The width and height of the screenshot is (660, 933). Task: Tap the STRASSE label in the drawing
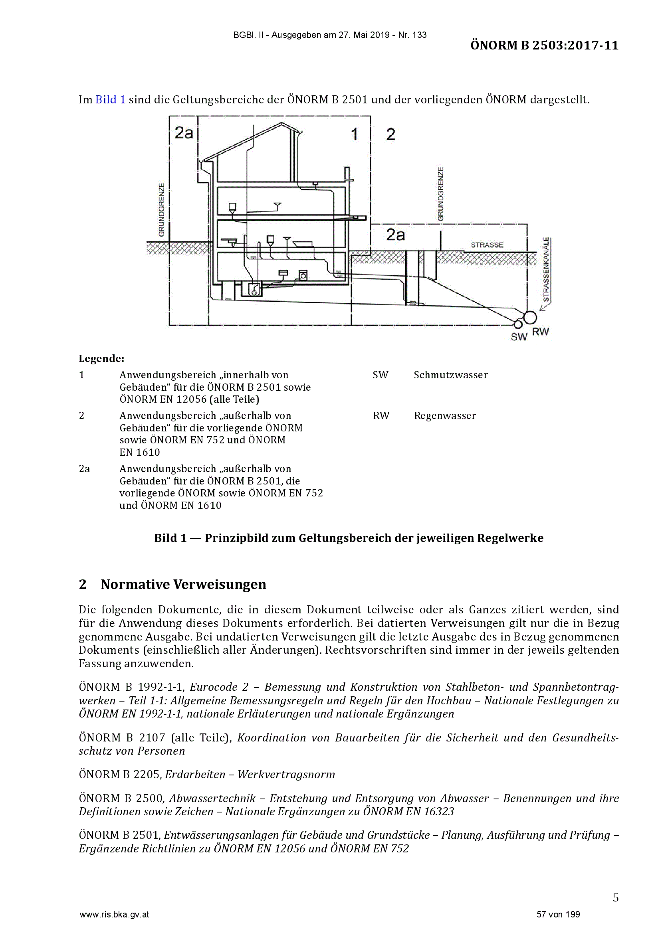487,245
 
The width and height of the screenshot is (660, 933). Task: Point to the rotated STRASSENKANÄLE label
546,269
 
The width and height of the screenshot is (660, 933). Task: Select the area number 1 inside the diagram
354,134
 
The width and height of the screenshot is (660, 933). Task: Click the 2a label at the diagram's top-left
184,132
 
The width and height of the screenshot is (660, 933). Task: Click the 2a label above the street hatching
396,235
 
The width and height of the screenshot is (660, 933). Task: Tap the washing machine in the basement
303,275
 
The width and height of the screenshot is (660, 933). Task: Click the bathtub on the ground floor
302,244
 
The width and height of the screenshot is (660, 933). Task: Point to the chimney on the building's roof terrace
347,174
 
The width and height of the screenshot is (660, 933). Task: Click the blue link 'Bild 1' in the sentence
110,99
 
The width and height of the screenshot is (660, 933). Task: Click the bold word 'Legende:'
101,358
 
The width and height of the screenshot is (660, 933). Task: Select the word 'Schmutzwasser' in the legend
450,375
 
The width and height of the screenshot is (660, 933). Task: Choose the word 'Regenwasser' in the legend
445,416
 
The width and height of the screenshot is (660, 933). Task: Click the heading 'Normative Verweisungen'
183,584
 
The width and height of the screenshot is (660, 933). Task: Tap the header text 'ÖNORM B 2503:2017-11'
545,45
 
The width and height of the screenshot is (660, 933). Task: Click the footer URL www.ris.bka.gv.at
114,915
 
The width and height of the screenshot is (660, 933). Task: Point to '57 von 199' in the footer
558,914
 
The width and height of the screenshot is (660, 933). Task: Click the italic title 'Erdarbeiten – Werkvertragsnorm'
250,775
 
